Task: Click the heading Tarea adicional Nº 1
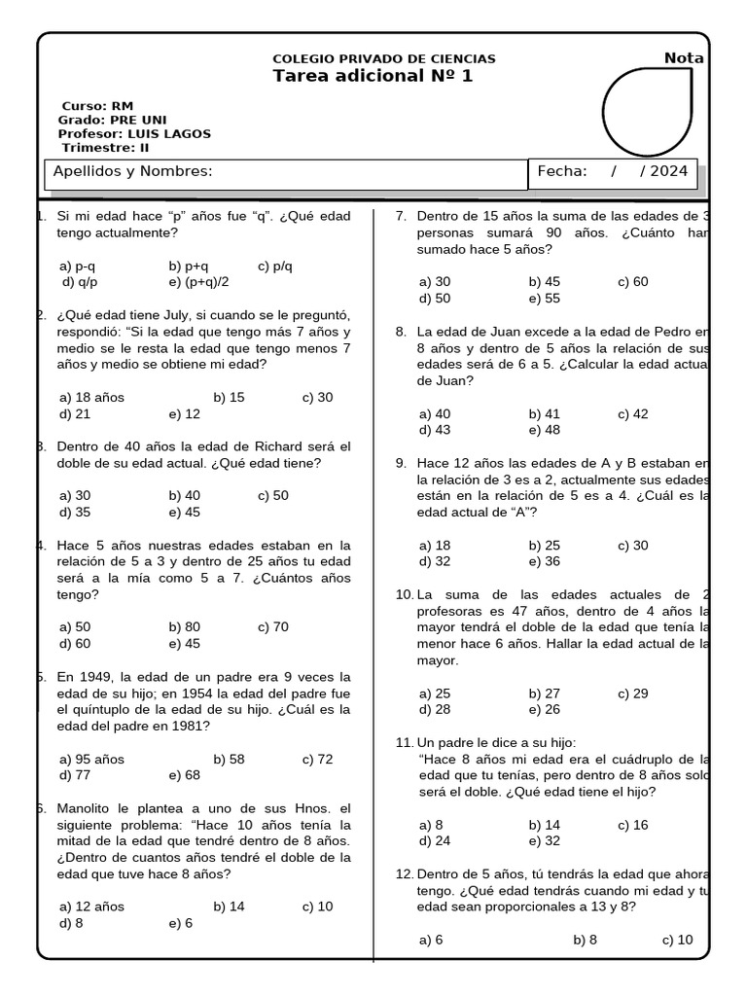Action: point(373,77)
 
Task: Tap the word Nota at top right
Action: point(684,58)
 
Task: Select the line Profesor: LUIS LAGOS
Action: point(134,133)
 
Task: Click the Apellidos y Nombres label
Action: point(132,171)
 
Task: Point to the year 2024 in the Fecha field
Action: point(669,171)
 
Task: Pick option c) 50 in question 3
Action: point(273,495)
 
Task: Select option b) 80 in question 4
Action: point(184,627)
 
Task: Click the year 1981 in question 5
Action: point(194,726)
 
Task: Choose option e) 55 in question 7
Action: point(545,299)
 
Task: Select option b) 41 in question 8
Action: point(545,413)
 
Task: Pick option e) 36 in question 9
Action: point(545,561)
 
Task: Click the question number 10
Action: point(404,594)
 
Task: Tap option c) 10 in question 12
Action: point(677,941)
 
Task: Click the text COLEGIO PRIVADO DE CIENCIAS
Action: point(384,59)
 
